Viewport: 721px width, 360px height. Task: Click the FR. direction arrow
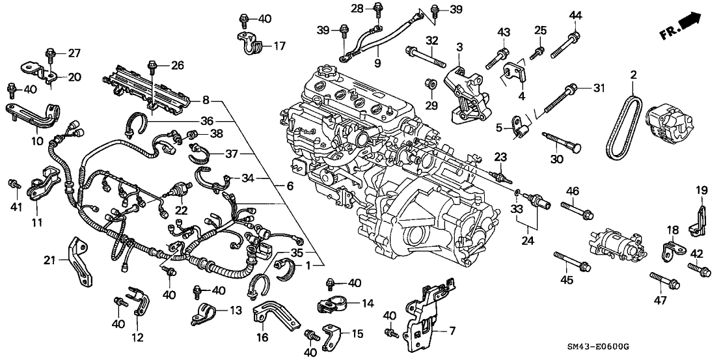pyautogui.click(x=683, y=25)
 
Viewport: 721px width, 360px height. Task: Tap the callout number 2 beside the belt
pyautogui.click(x=632, y=76)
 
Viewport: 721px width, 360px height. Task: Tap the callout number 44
pyautogui.click(x=575, y=16)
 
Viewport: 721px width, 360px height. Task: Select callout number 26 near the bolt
pyautogui.click(x=178, y=65)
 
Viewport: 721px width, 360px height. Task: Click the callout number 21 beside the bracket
pyautogui.click(x=48, y=260)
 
